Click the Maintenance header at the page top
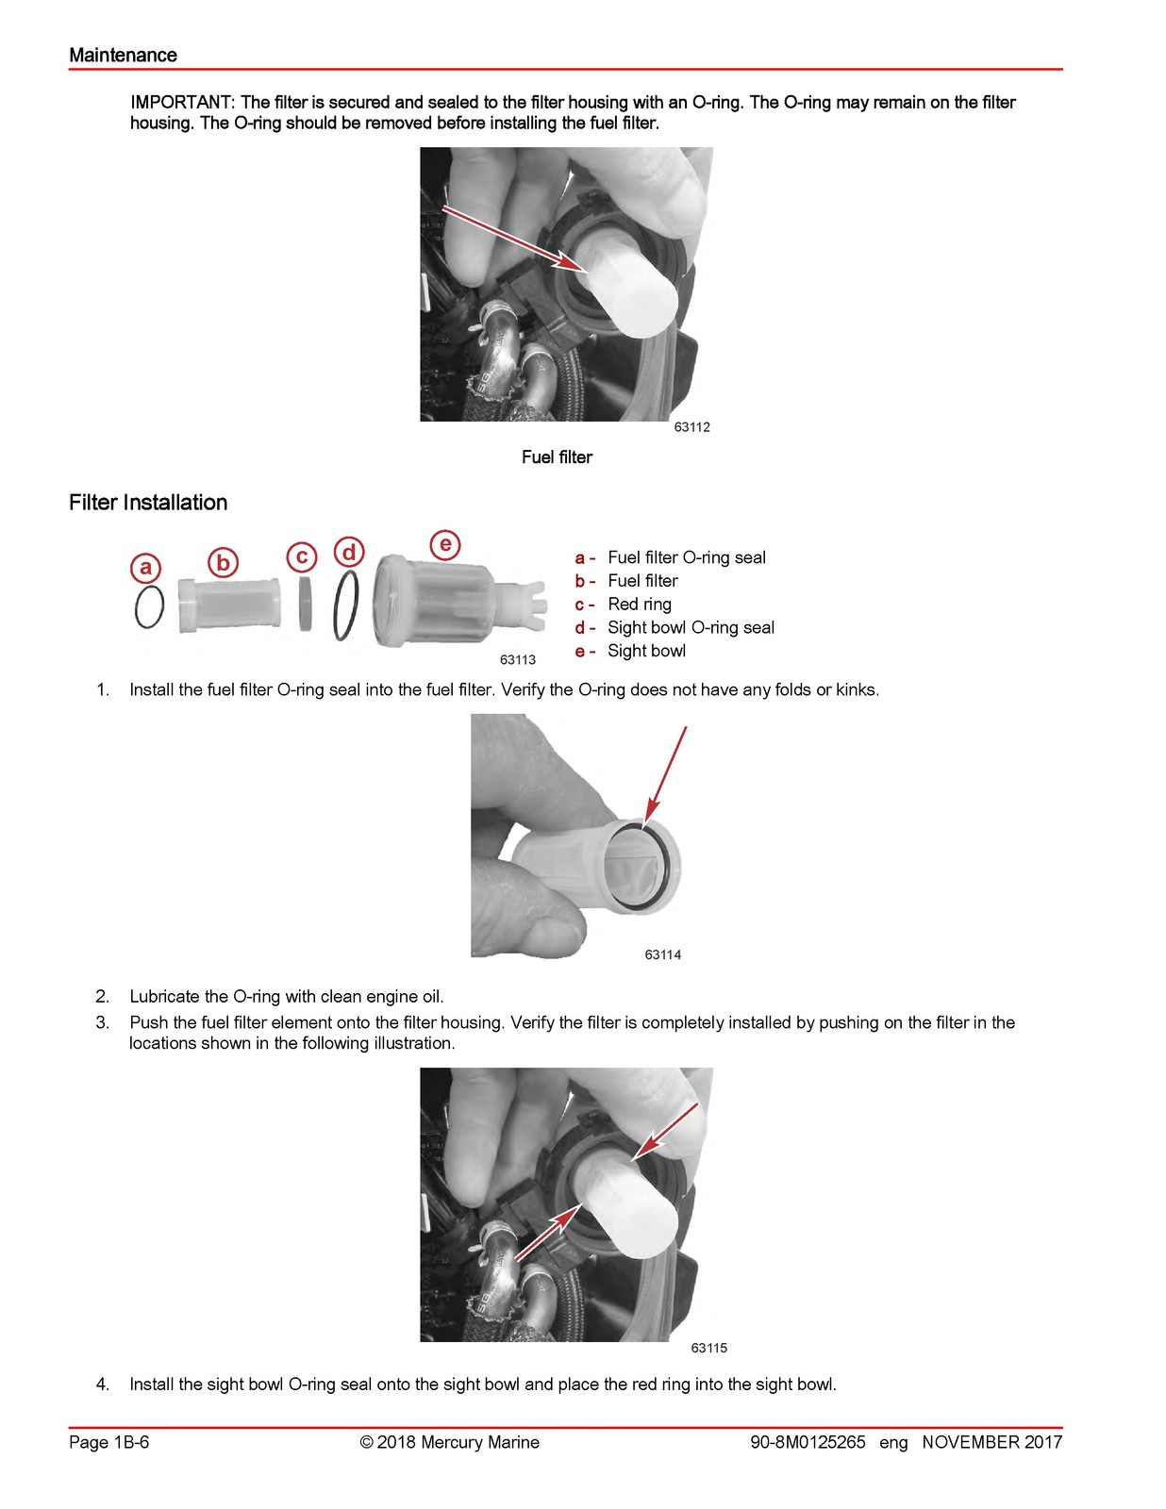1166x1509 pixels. [123, 55]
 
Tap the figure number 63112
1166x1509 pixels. [691, 427]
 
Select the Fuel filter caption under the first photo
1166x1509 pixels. [557, 456]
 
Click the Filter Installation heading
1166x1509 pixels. [148, 502]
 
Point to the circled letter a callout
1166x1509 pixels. [146, 568]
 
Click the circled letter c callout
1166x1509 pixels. [302, 557]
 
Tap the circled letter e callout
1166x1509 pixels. [445, 544]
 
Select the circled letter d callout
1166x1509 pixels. [349, 553]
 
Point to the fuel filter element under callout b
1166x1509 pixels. [229, 605]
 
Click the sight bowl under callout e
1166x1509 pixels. [458, 601]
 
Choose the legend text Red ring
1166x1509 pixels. [640, 605]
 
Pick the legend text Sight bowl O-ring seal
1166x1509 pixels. [691, 628]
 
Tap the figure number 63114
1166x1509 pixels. [662, 954]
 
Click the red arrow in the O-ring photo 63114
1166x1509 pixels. [665, 776]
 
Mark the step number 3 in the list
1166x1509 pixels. [102, 1022]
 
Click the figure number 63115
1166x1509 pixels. [709, 1348]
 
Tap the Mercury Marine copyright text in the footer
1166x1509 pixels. [449, 1442]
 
